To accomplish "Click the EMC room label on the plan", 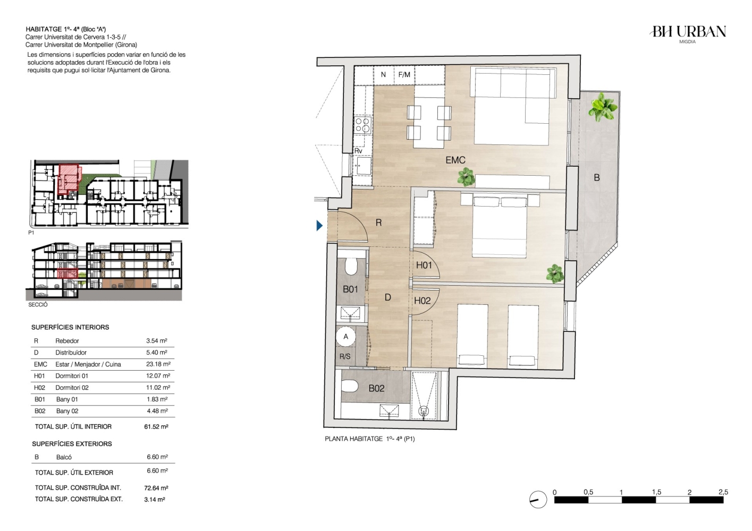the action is pos(455,160).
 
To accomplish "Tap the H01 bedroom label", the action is pos(424,265).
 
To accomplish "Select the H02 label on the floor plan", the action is pos(422,301).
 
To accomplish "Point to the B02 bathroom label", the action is pos(376,389).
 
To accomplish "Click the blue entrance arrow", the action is pos(319,226).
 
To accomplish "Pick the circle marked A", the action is pos(346,337).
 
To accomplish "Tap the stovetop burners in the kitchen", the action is pos(362,125).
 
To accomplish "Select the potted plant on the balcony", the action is pos(602,107).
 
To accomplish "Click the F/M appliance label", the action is pos(404,74).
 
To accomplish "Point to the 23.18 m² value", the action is pos(158,364).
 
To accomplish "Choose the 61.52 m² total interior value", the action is pos(156,426).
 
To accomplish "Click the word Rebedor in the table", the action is pos(67,341).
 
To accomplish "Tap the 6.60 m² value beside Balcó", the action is pos(157,457).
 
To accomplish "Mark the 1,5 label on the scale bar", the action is pos(656,492).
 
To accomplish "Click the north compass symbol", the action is pos(538,500).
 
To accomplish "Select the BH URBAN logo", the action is pos(688,34).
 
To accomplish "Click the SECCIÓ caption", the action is pos(38,305).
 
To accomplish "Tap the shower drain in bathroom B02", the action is pos(424,411).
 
